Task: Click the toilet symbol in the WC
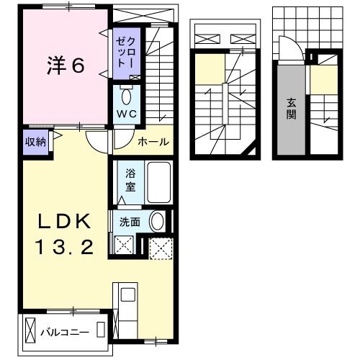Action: click(127, 96)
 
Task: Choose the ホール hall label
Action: click(153, 142)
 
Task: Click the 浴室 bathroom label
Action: click(130, 179)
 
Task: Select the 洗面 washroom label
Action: click(130, 222)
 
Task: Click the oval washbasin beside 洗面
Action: click(158, 222)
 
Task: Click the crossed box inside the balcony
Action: click(30, 332)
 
